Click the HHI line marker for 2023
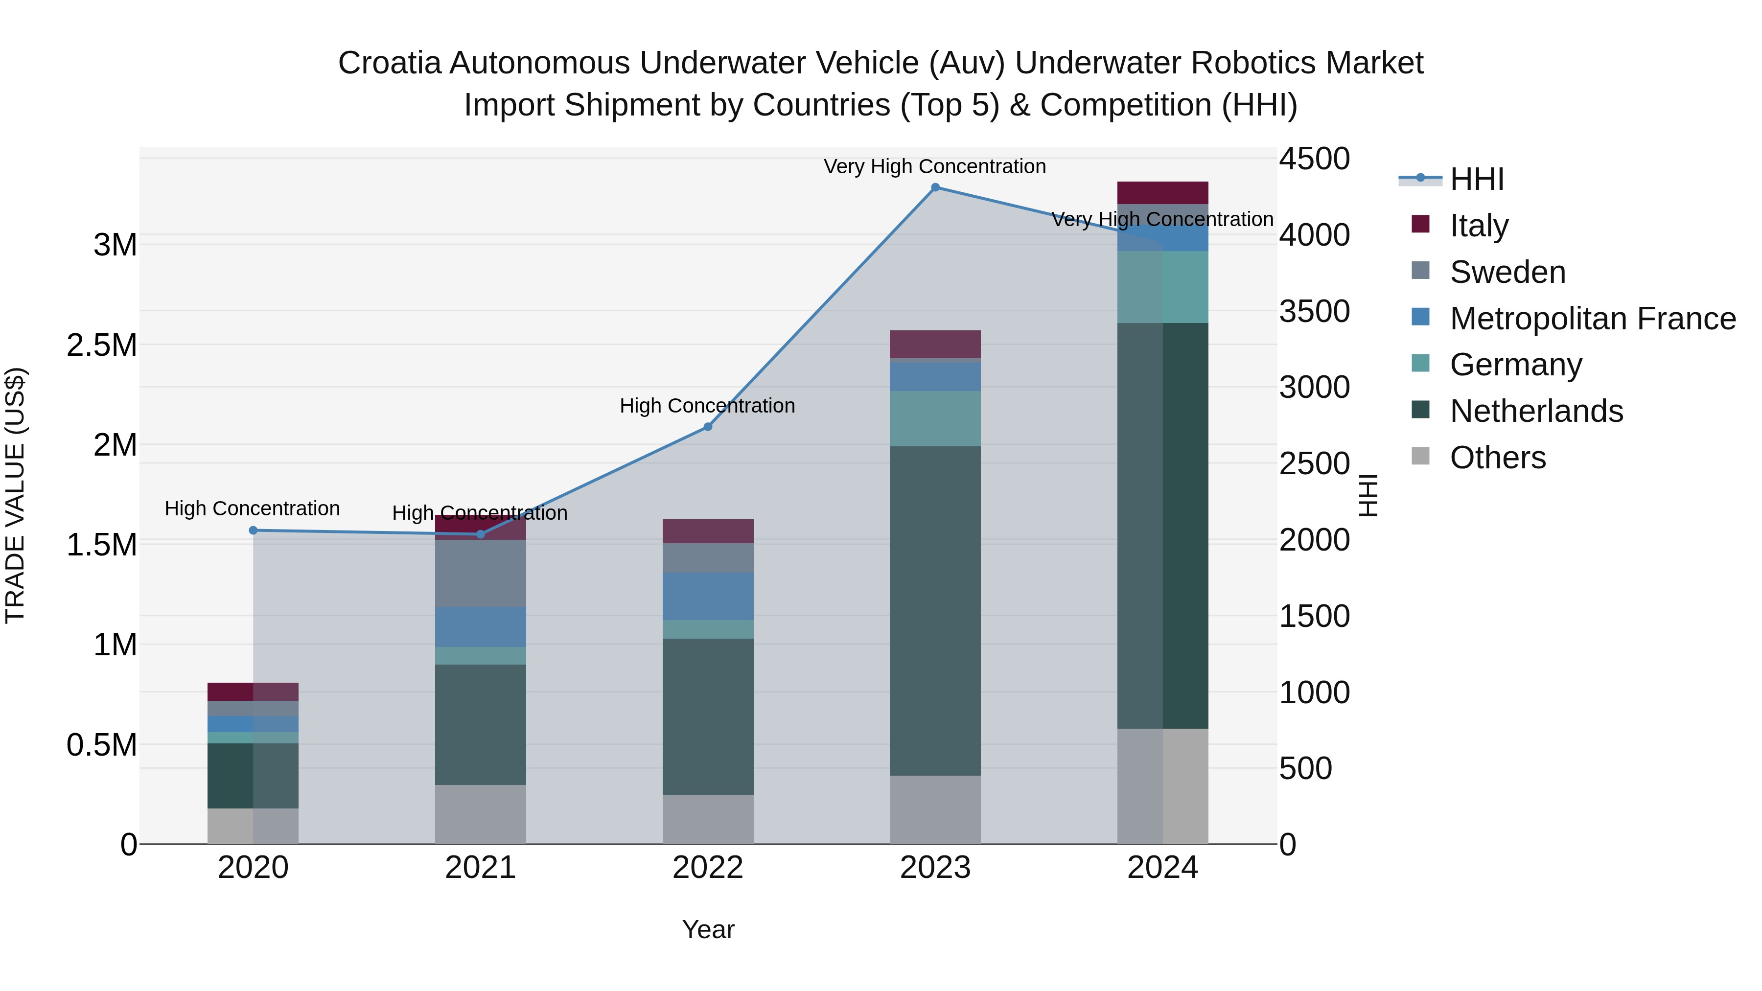pos(935,187)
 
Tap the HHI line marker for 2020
pos(253,530)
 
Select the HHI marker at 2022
pos(708,427)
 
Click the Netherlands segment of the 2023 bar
pos(935,610)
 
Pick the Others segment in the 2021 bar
pos(480,814)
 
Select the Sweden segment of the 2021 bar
pos(480,573)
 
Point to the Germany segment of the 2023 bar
pos(935,418)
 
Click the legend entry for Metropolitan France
pos(1592,319)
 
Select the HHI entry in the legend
pos(1476,179)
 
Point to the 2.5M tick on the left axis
pos(101,346)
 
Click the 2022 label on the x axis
pos(708,868)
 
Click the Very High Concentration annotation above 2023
pos(934,166)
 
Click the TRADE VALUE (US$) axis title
pos(15,495)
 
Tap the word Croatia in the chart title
pos(391,63)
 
